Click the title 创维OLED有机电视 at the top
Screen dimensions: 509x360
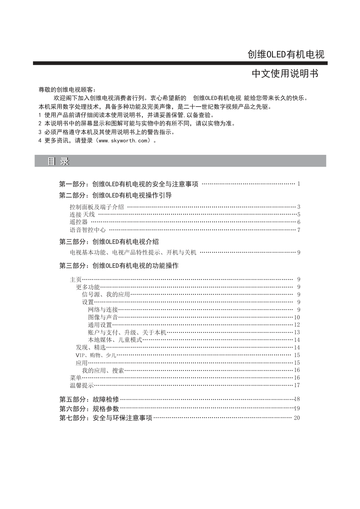coord(286,55)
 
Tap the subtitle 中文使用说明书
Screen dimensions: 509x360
coord(285,74)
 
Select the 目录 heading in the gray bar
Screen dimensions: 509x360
coord(58,161)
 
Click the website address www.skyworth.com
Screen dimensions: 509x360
coord(123,141)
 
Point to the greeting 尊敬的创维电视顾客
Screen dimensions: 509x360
coord(67,90)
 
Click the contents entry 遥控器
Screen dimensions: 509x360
coord(79,222)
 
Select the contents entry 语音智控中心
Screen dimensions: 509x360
coord(88,230)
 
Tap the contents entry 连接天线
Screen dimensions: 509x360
coord(82,215)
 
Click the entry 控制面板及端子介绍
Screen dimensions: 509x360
coord(97,207)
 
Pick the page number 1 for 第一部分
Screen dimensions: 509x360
coord(298,184)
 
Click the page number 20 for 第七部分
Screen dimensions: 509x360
coord(297,418)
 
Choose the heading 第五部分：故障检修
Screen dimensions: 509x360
coord(89,400)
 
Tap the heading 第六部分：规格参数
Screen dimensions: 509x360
coord(89,409)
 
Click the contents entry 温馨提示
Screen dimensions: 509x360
coord(82,385)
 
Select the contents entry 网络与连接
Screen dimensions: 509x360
coord(103,310)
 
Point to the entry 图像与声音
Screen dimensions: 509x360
coord(103,318)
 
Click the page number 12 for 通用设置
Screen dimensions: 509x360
coord(297,325)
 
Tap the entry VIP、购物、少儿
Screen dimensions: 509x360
coord(96,355)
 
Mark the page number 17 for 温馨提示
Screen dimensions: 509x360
coord(297,385)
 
